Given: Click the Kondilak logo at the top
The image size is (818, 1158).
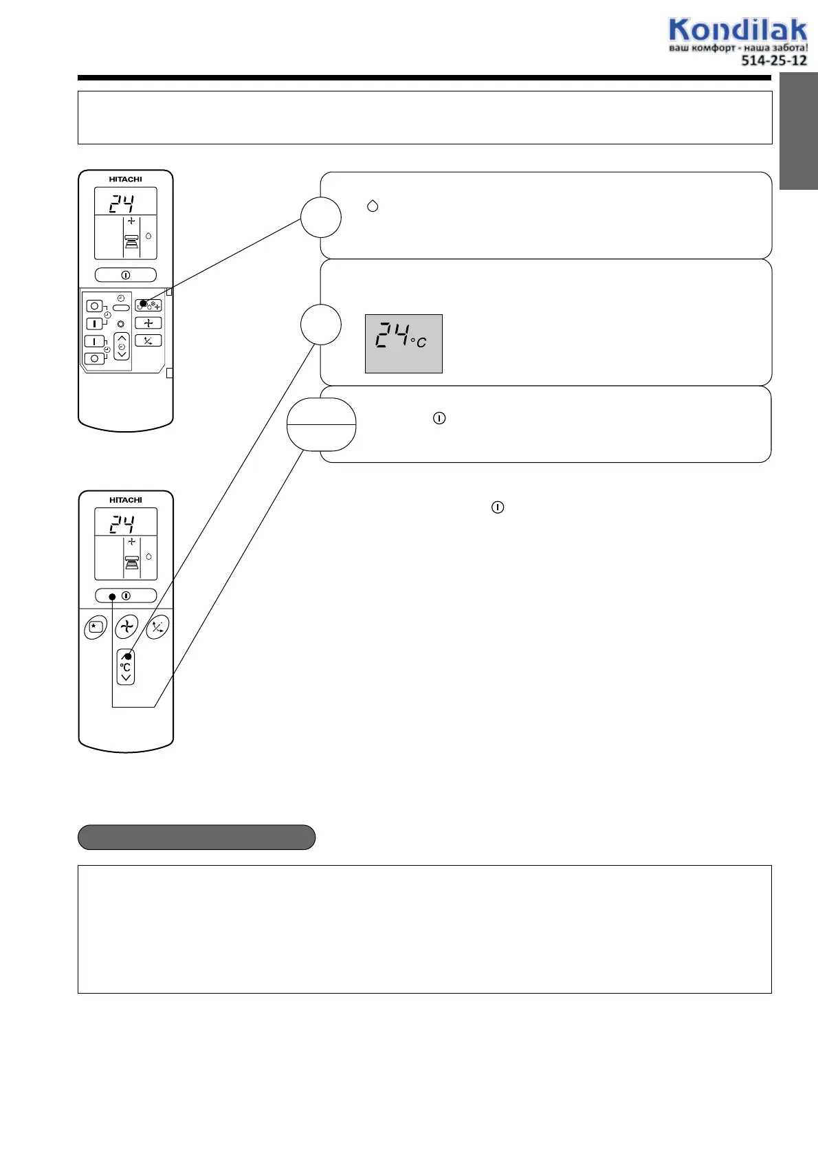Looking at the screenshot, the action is pos(738,31).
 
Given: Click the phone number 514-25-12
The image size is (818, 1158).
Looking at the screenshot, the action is pos(773,61).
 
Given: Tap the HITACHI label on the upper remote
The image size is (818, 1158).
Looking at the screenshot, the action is pos(125,179).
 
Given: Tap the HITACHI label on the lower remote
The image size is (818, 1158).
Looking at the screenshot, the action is pos(126,500).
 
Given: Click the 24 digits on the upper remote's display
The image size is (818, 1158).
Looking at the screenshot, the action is pos(122,204).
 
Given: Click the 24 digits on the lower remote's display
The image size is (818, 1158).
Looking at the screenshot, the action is pos(122,525).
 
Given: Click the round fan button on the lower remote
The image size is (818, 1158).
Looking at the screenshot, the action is pos(126,626).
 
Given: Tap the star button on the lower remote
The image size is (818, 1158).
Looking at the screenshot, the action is pos(96,627).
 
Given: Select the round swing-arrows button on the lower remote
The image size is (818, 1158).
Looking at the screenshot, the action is pos(157,626).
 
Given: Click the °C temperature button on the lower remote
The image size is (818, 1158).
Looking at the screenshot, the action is pos(125,667).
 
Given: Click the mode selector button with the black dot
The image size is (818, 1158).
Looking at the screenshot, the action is pos(148,305).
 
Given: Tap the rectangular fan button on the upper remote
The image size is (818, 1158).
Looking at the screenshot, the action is pos(148,323).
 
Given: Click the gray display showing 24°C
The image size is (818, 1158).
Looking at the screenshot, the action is pos(404,344).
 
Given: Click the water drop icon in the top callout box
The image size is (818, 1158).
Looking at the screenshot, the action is pos(373,206).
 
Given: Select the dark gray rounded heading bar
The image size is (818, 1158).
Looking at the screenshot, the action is pos(197,837).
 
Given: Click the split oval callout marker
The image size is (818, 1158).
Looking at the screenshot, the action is pos(321,424).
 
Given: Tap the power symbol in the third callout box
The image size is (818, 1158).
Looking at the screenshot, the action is pos(439,418).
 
